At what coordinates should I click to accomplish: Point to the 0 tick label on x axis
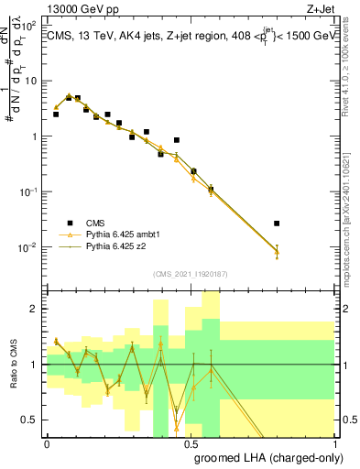pos(47,442)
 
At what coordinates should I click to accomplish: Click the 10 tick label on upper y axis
pos(32,81)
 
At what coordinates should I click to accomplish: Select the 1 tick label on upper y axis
pos(35,136)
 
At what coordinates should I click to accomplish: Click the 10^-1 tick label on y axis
pos(29,192)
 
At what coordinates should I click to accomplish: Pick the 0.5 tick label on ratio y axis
pos(32,420)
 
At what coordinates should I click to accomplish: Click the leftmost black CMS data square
pos(56,115)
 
